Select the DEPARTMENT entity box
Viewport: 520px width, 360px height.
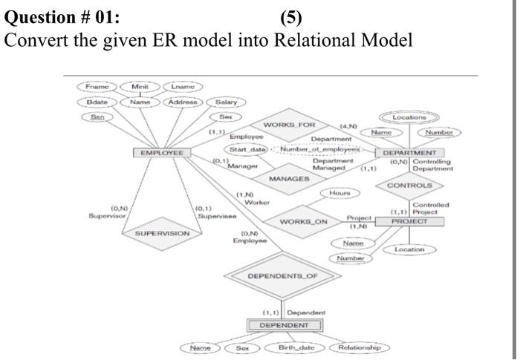tap(409, 153)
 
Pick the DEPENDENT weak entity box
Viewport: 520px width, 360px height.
tap(285, 325)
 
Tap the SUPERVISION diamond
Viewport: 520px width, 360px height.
tap(162, 233)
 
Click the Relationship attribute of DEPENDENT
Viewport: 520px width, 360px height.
tap(359, 347)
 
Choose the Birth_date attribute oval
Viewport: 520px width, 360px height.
tap(295, 347)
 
